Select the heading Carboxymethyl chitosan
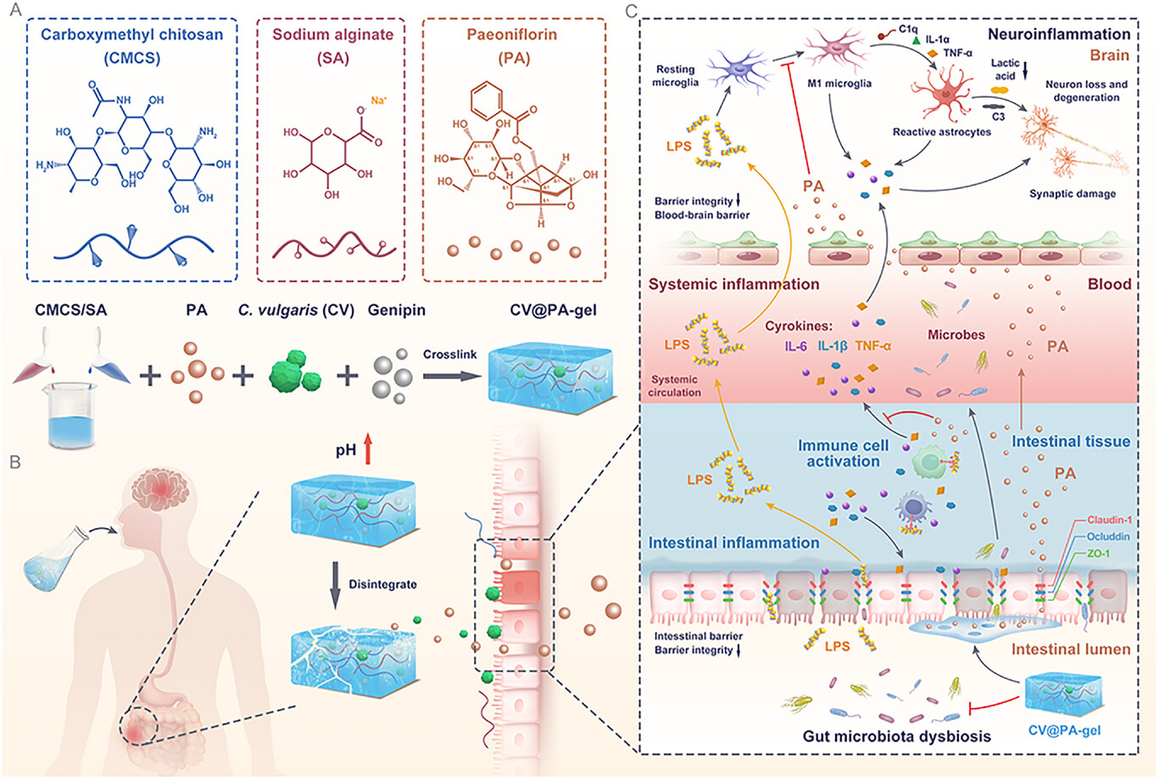[x=131, y=36]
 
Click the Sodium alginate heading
[x=332, y=36]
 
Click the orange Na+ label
[x=378, y=100]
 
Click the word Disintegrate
[x=382, y=585]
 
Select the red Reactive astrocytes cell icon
[x=943, y=96]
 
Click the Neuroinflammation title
[x=1058, y=35]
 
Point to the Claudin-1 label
[x=1133, y=520]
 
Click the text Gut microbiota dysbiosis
[x=896, y=736]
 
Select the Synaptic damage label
[x=1072, y=194]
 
